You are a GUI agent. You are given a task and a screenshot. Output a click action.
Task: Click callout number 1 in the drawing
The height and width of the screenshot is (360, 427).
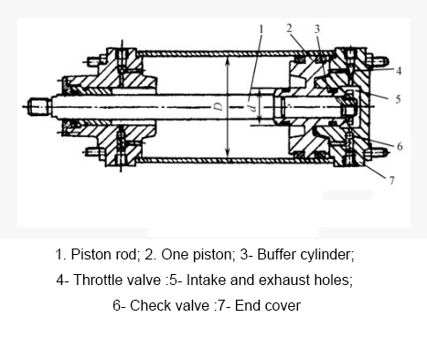point(262,28)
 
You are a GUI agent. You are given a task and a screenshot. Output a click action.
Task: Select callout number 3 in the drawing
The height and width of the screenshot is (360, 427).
point(317,28)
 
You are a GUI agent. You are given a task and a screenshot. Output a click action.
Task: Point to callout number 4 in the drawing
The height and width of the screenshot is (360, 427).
point(399,69)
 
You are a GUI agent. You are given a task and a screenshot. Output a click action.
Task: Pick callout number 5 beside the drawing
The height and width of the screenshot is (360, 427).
point(399,99)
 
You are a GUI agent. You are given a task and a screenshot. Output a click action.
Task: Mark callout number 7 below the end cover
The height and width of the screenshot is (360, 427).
point(391,180)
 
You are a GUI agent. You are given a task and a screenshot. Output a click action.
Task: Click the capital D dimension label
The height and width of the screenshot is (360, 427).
point(218,107)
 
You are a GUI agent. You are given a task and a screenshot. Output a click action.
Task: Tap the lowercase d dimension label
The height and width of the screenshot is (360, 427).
point(251,106)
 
